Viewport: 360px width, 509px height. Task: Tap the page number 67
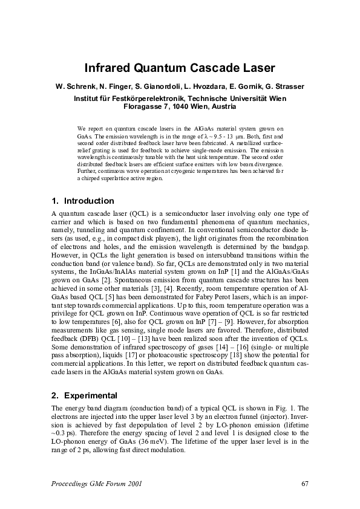[x=305, y=483]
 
